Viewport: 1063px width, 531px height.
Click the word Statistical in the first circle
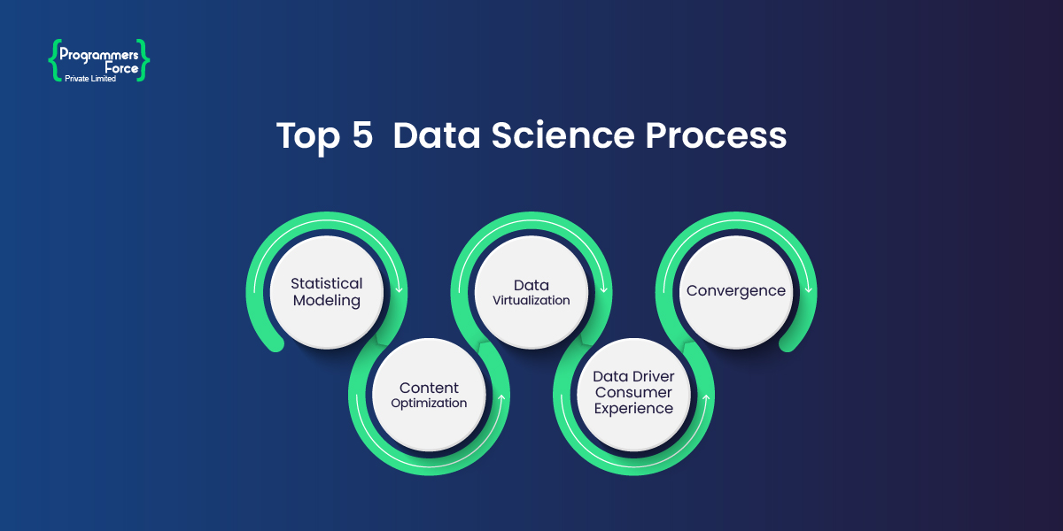(327, 283)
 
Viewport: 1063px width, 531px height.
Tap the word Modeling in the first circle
(327, 300)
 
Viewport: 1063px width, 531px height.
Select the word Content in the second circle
(429, 388)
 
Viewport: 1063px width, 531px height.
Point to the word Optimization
(429, 403)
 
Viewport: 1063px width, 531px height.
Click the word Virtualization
(531, 300)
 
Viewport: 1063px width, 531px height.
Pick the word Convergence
(735, 290)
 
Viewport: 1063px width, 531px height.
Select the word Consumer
(633, 392)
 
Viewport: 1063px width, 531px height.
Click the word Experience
(633, 408)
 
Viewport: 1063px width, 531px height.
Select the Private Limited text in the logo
(90, 79)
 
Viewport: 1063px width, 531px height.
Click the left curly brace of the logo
(53, 59)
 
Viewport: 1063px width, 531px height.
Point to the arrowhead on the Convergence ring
(808, 288)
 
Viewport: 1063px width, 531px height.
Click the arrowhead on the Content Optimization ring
(501, 399)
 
